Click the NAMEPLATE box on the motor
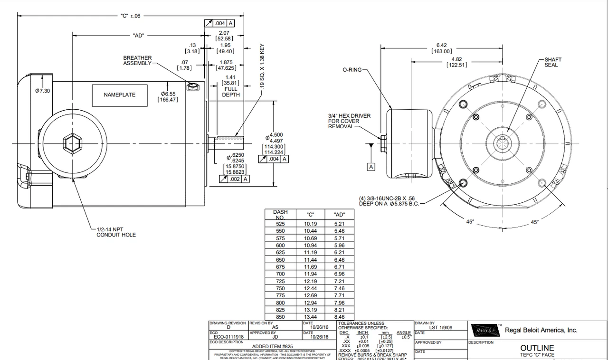pos(120,95)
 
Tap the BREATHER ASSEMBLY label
pos(137,60)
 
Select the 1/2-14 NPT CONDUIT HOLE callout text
pos(116,232)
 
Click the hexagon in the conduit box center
pos(72,143)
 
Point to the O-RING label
pos(352,70)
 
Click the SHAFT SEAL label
pos(553,62)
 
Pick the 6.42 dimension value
pos(441,45)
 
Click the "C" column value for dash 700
pos(310,274)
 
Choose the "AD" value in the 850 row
pos(340,317)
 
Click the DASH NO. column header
pos(280,215)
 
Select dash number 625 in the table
pos(280,253)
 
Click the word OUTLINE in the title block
pos(537,348)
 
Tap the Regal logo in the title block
pos(484,330)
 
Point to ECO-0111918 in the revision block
pos(228,337)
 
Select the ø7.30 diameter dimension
pos(42,91)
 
